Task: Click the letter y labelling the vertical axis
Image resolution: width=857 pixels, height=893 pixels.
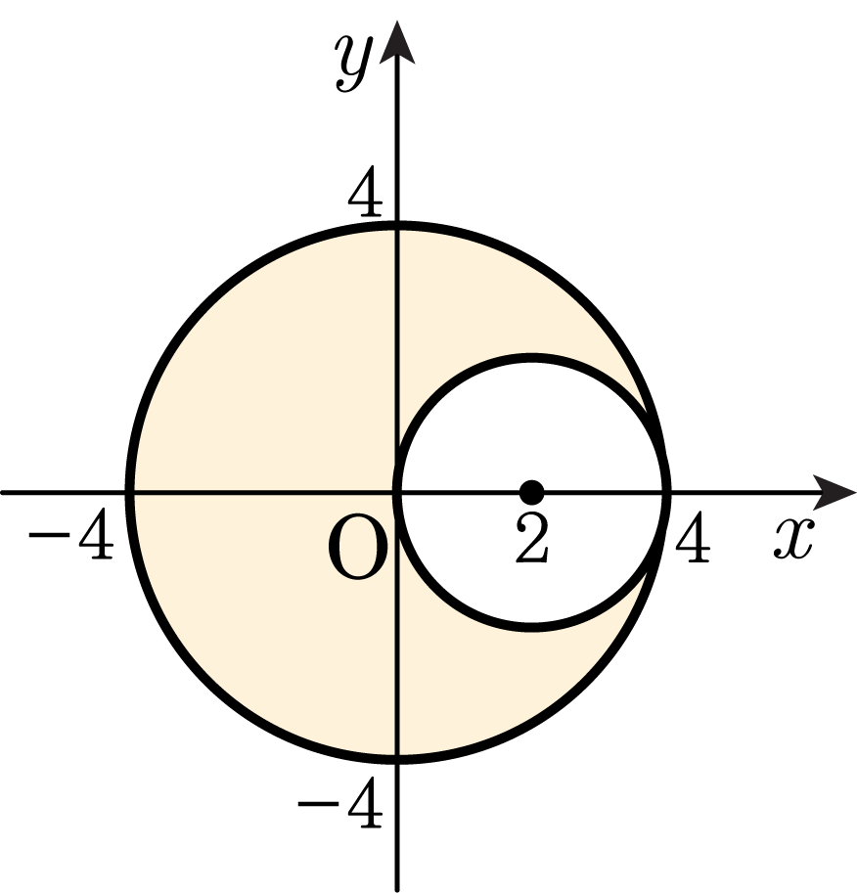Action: click(x=353, y=62)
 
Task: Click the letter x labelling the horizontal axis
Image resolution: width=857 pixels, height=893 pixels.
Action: click(x=793, y=538)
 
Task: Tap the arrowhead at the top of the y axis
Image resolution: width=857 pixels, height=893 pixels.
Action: click(x=396, y=43)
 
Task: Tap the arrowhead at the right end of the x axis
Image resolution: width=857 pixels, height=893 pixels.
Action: click(x=834, y=492)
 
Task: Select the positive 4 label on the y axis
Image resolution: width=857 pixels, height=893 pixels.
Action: click(x=365, y=192)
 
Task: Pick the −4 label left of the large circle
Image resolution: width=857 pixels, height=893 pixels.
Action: click(x=70, y=534)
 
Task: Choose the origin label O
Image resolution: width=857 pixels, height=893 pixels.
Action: click(x=358, y=547)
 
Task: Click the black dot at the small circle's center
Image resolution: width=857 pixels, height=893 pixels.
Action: click(x=531, y=492)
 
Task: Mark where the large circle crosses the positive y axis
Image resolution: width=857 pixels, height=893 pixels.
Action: click(x=397, y=226)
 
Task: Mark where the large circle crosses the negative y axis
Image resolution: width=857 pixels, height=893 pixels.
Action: click(x=397, y=759)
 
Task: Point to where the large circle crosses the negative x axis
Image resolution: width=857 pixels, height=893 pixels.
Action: click(x=130, y=492)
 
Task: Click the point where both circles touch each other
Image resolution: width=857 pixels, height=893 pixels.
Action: click(x=664, y=492)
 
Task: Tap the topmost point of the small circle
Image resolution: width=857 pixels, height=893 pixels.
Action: click(x=531, y=358)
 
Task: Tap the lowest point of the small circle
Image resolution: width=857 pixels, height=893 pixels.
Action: click(x=531, y=626)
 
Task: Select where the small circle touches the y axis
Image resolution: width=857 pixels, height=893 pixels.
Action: click(x=398, y=492)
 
